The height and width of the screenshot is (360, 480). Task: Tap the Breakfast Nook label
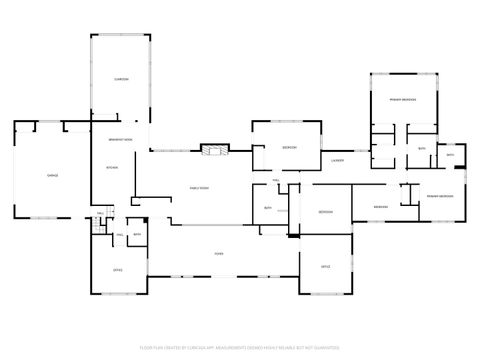point(121,139)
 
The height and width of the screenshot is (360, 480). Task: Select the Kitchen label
point(112,167)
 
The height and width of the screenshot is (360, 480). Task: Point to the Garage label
point(52,175)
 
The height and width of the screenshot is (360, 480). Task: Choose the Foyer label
point(218,253)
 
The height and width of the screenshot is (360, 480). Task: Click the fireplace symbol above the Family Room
point(214,151)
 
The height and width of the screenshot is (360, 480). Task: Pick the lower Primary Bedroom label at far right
point(440,195)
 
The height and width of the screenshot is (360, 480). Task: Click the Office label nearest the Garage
point(117,270)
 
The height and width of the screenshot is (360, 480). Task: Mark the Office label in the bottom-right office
point(326,267)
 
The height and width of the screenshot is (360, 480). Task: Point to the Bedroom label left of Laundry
point(289,147)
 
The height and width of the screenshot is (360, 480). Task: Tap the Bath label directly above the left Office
point(137,235)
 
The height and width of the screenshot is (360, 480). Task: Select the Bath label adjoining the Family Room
point(268,207)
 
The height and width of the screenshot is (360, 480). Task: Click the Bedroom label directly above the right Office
point(326,212)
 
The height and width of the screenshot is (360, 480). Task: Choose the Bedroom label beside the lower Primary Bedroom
point(381,207)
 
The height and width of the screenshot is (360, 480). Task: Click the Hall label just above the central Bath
point(276,180)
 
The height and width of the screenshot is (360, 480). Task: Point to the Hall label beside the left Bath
point(119,235)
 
